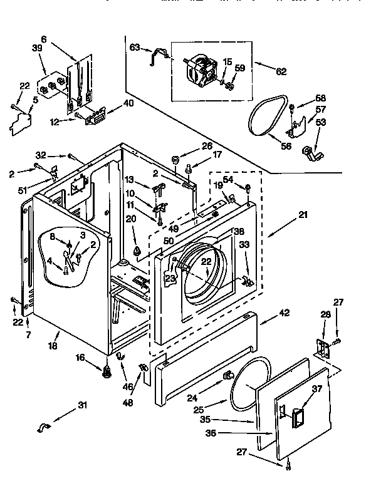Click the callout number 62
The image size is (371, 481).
click(x=280, y=71)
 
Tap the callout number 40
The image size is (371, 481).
click(x=128, y=103)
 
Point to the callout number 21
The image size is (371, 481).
click(x=303, y=215)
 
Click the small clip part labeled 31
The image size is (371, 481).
click(x=44, y=428)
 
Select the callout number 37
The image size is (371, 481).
click(x=316, y=389)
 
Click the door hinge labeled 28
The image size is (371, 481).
click(x=323, y=349)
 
